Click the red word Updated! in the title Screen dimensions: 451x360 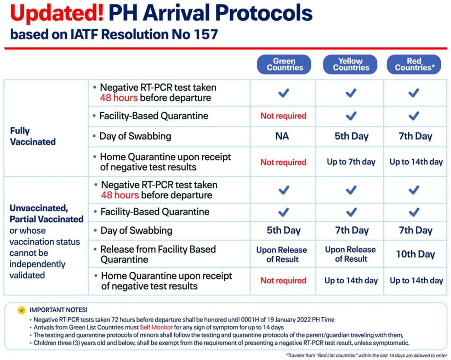point(57,13)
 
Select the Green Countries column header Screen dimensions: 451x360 point(284,64)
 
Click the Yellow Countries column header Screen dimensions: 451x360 point(350,64)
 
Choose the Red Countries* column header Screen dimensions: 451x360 point(414,64)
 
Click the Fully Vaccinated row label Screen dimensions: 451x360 point(33,136)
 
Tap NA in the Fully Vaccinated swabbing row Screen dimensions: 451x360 point(282,136)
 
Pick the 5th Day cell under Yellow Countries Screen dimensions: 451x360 point(352,136)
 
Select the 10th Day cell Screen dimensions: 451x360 point(415,254)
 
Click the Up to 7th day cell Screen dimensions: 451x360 point(351,162)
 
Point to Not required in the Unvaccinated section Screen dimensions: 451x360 point(283,280)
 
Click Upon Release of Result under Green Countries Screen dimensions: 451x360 point(282,255)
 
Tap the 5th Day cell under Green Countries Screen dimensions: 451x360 point(283,230)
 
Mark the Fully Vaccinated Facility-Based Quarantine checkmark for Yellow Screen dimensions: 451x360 point(351,116)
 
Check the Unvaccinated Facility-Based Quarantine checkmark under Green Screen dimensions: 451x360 point(284,212)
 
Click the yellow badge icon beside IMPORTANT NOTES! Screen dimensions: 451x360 point(22,310)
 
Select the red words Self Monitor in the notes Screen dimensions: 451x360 point(156,328)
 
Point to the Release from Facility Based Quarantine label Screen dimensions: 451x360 point(158,255)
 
